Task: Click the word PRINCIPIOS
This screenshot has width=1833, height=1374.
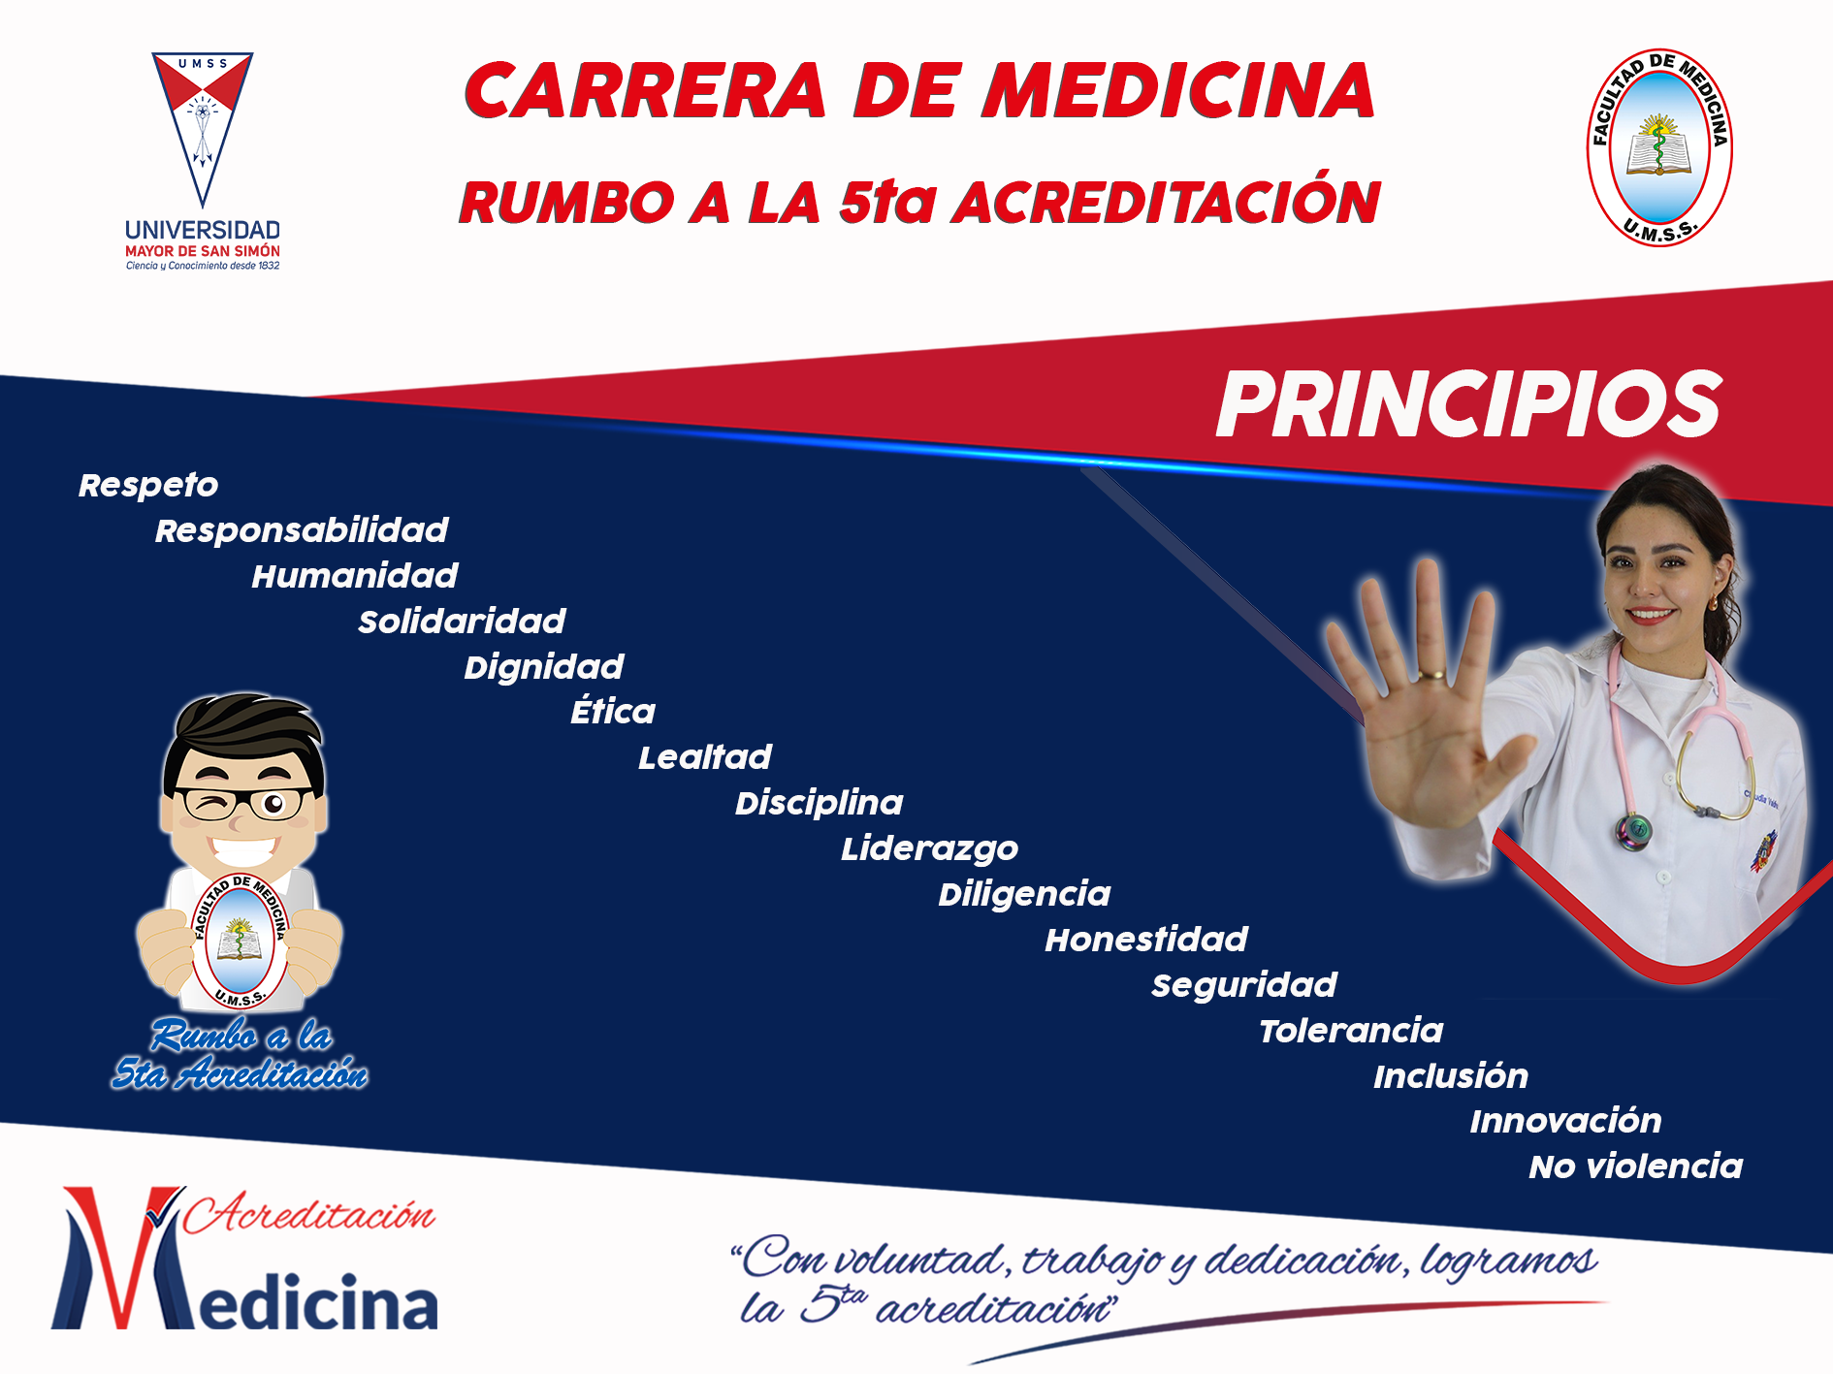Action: pos(1468,404)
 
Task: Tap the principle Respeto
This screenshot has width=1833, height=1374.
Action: pos(148,485)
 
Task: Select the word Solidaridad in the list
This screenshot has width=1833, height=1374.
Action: pos(462,621)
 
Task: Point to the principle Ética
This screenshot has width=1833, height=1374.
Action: pos(613,711)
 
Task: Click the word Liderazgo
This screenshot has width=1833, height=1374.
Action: pos(929,848)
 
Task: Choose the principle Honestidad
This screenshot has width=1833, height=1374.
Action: pos(1146,939)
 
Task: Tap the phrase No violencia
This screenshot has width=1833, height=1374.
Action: pos(1636,1166)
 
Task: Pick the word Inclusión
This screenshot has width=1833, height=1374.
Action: pos(1451,1075)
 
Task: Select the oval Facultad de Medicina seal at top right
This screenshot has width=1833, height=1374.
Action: pos(1659,147)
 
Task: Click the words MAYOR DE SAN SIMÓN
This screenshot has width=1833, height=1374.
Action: pos(203,251)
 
